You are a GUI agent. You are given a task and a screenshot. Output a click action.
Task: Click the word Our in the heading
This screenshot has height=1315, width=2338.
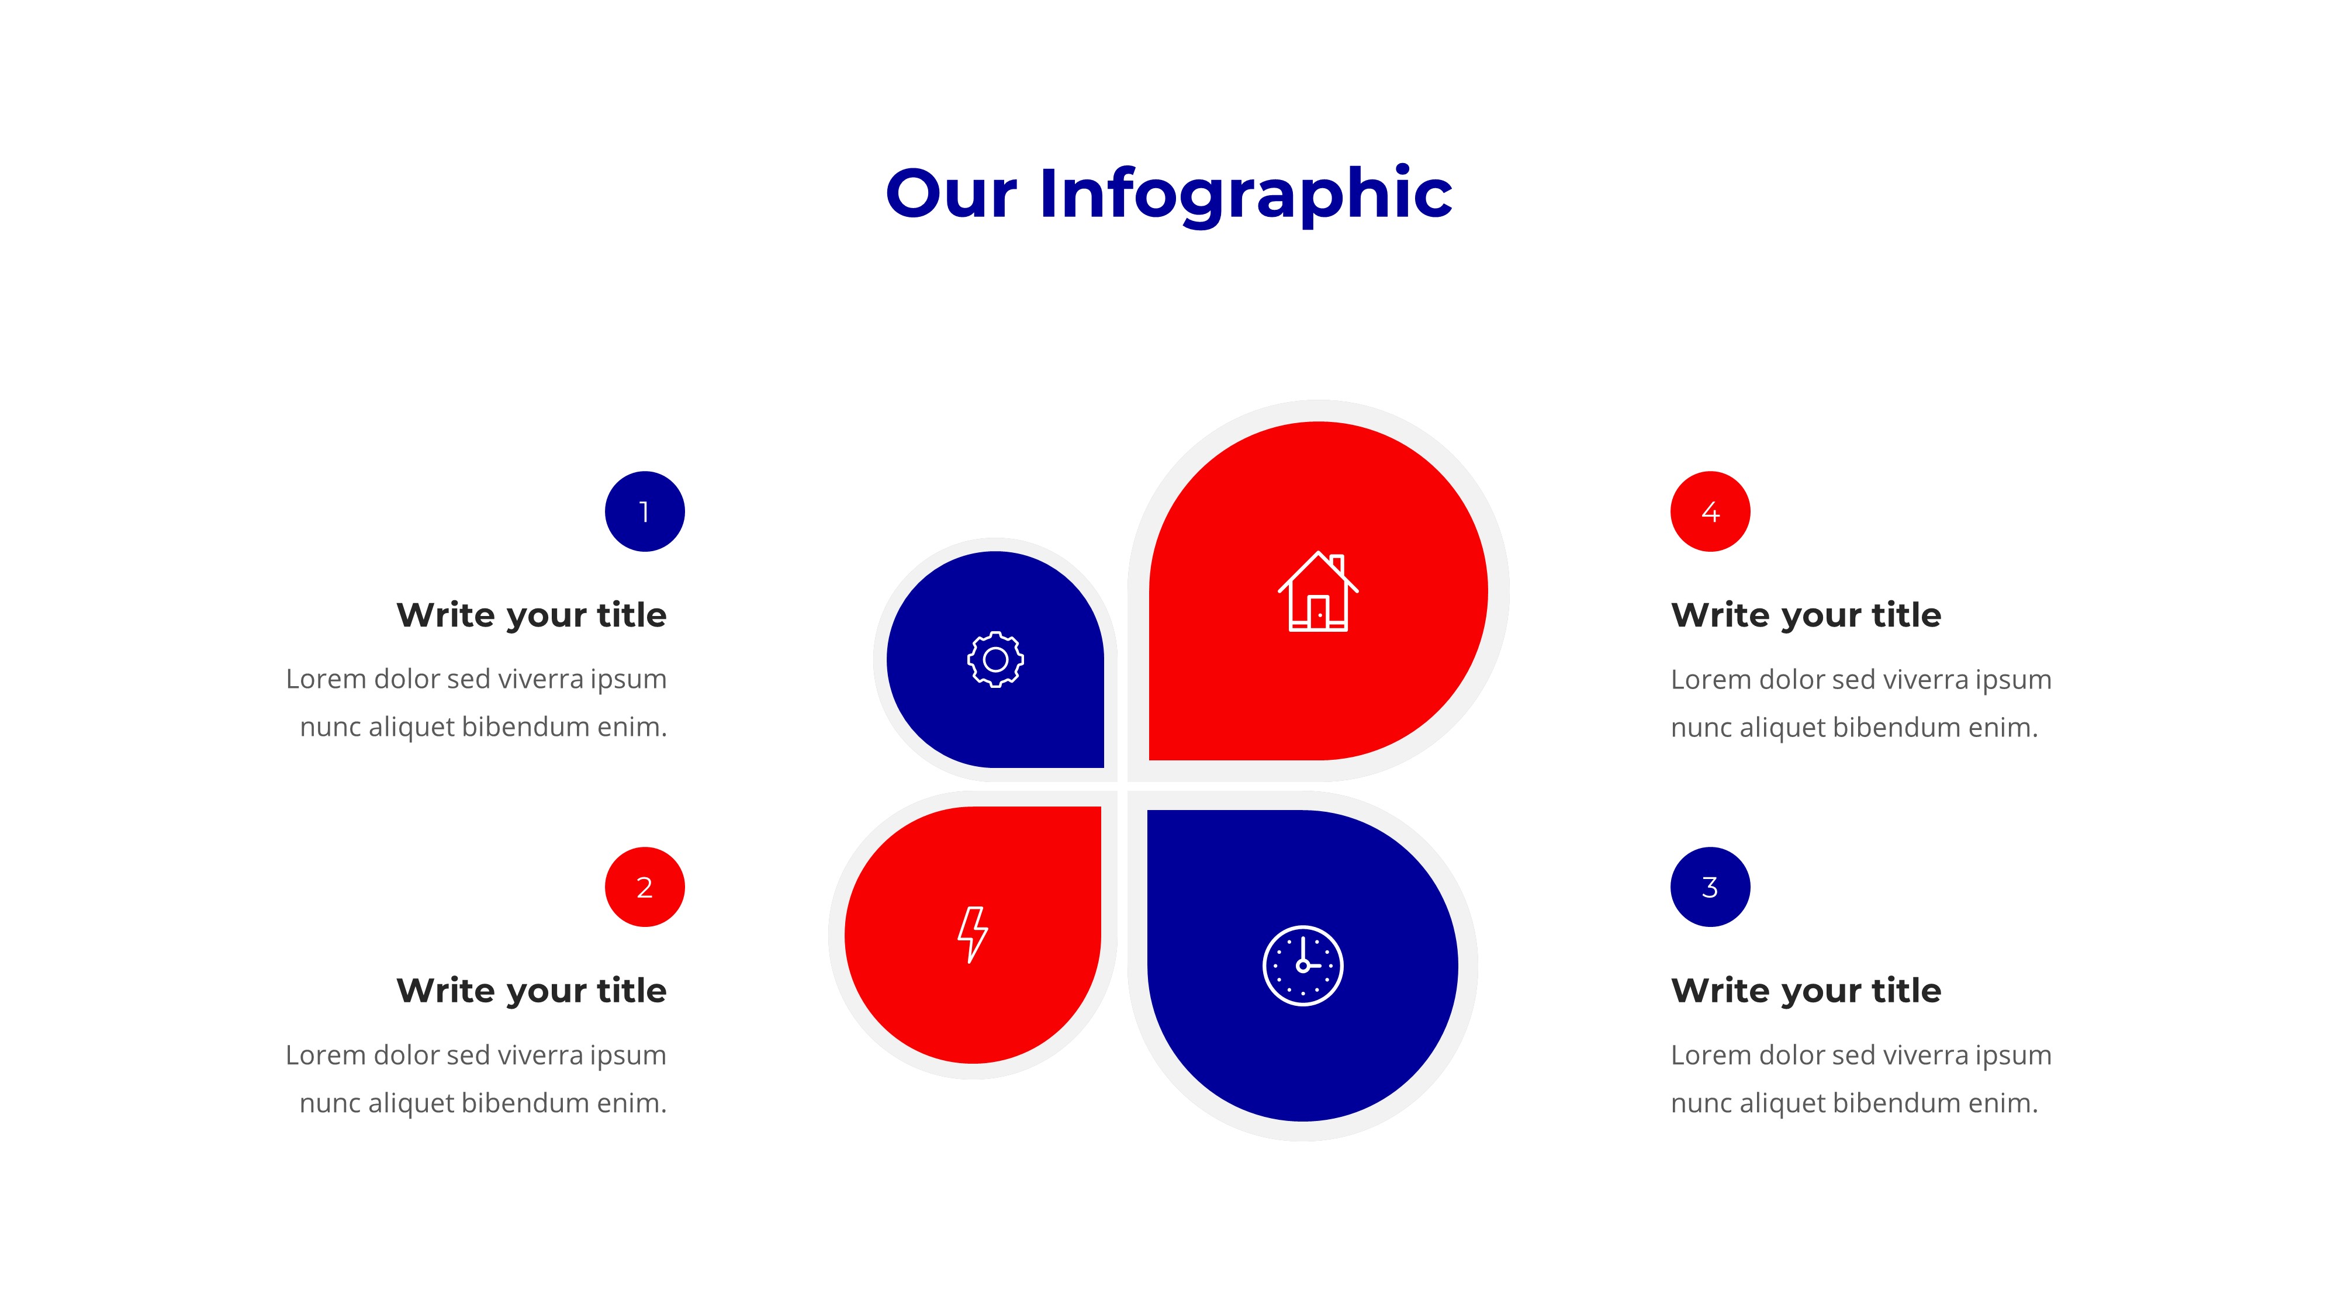[x=950, y=195]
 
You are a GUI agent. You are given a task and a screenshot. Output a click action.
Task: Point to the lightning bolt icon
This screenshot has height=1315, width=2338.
[x=972, y=934]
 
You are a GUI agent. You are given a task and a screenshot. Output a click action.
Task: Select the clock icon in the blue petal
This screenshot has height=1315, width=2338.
[x=1302, y=966]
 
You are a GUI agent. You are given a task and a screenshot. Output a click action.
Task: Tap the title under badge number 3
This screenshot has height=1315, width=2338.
[x=1806, y=991]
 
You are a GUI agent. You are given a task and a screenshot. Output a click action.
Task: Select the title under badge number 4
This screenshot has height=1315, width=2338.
[x=1806, y=615]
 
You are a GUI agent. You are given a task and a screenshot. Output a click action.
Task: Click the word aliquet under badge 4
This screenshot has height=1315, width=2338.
[x=1779, y=728]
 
